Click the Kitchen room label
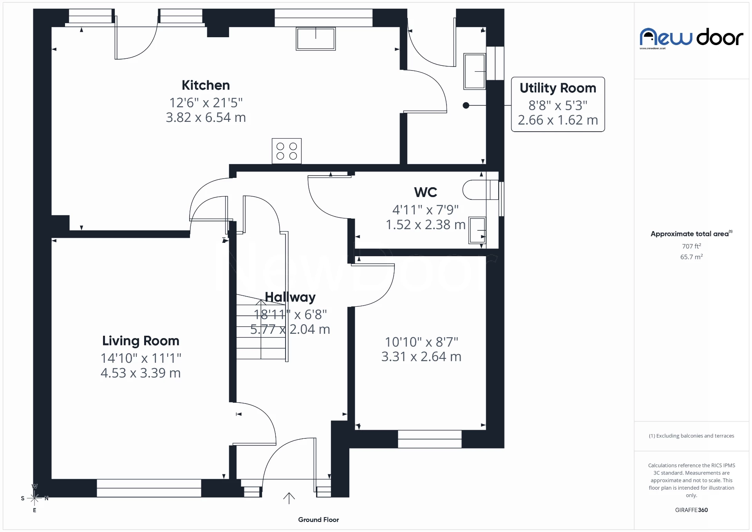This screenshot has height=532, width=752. click(x=206, y=85)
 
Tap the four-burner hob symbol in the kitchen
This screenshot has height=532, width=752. click(x=287, y=151)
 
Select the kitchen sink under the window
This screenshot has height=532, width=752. click(x=316, y=38)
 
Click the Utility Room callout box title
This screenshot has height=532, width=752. click(x=558, y=88)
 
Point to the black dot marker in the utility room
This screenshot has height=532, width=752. click(x=466, y=105)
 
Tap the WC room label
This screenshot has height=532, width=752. click(x=425, y=192)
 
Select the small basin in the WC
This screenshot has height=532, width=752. click(x=477, y=230)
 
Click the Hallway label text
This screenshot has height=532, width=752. click(x=290, y=297)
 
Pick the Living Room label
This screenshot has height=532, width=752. click(x=141, y=341)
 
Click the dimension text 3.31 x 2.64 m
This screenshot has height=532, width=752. click(x=421, y=357)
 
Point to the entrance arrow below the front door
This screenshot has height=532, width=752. click(x=289, y=498)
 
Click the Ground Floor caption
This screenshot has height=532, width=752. click(x=318, y=519)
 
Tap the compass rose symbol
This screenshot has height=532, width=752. click(x=34, y=498)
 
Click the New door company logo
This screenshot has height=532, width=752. click(x=691, y=38)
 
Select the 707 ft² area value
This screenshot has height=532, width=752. click(x=691, y=246)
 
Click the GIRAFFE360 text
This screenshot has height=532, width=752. click(x=691, y=510)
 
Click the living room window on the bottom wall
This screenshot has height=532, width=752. click(x=149, y=488)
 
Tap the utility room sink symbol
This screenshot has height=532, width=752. click(x=475, y=71)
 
